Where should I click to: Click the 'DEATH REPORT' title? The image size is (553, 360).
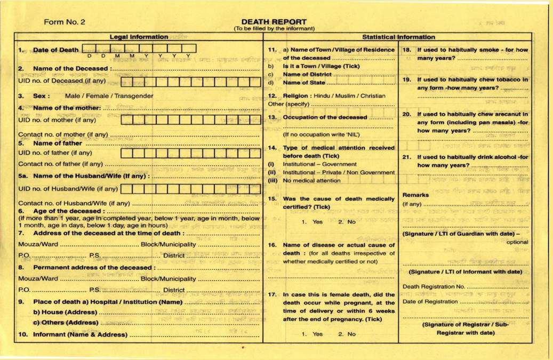(x=274, y=22)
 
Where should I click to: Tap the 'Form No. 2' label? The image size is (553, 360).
(x=64, y=22)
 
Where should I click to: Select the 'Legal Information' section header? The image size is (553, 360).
(x=139, y=37)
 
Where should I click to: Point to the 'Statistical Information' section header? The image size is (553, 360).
(x=398, y=37)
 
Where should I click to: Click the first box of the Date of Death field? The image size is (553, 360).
(x=89, y=49)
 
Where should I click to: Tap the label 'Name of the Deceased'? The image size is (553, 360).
(x=71, y=69)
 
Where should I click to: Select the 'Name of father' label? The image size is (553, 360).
(x=58, y=143)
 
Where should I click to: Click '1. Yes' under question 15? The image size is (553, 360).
(x=312, y=222)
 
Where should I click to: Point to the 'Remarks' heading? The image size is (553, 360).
(x=415, y=195)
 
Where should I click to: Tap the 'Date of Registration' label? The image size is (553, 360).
(x=430, y=301)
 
